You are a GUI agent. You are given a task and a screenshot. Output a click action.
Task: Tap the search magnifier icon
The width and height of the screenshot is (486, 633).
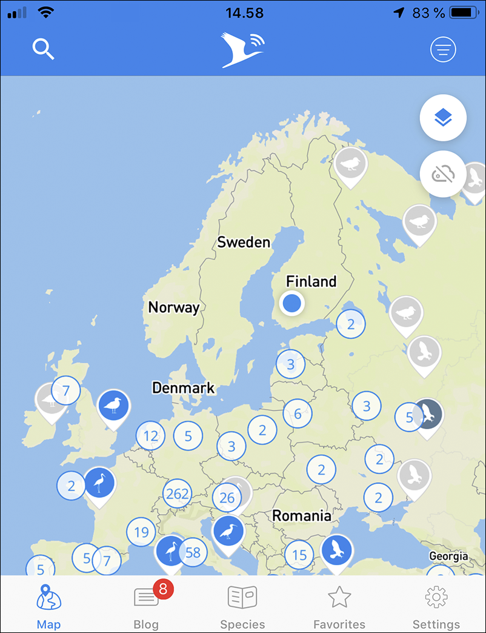(x=44, y=49)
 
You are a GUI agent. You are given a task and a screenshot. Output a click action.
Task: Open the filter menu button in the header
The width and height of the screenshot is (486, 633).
(x=443, y=50)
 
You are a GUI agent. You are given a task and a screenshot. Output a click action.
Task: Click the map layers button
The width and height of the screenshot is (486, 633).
(x=443, y=118)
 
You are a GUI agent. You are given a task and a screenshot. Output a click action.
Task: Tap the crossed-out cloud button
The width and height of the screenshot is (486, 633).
(x=443, y=174)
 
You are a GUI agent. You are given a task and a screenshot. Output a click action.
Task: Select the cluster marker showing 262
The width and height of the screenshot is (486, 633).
(x=177, y=494)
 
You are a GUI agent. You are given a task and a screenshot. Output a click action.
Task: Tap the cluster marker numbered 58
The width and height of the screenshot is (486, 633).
(x=193, y=552)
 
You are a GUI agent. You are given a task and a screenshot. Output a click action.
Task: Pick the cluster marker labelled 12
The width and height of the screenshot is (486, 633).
(x=150, y=435)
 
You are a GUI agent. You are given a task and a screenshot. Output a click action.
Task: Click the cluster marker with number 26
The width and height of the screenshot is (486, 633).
(x=227, y=498)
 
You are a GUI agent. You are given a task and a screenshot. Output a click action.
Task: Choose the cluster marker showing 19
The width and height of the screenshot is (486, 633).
(x=141, y=532)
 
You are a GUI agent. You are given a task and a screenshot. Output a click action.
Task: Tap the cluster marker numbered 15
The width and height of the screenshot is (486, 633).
(x=299, y=555)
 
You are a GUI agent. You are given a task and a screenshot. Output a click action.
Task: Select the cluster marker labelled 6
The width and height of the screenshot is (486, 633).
(x=298, y=414)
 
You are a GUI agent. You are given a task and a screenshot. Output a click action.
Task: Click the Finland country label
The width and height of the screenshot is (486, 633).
(x=311, y=281)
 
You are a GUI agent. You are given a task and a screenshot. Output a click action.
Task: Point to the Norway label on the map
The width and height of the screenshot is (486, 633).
(x=174, y=307)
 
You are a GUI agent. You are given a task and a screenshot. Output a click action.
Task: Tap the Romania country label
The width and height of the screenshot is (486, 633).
(x=302, y=516)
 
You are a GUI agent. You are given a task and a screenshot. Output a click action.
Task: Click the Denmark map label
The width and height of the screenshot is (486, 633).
(x=184, y=388)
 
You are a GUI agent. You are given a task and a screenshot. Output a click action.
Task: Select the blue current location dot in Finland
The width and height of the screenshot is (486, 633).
(x=292, y=303)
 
